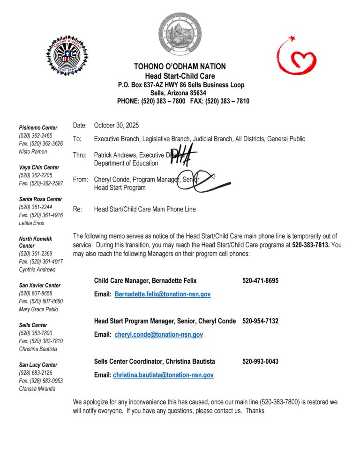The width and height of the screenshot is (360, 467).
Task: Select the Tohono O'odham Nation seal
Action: pos(180,33)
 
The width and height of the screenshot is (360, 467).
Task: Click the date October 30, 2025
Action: pos(116,125)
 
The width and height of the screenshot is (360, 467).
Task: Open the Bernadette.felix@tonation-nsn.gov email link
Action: pos(162,294)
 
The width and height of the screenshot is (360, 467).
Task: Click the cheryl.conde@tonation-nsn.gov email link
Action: pos(158,335)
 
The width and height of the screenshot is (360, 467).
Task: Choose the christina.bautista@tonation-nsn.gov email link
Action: pos(163,375)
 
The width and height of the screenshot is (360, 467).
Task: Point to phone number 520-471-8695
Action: pos(260,281)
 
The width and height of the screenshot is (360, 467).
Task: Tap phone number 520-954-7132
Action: pos(260,321)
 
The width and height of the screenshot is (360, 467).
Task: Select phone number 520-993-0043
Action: pos(260,362)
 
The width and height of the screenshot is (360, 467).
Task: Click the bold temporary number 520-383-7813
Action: pos(310,245)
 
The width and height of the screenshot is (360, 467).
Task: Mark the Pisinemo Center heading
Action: pos(38,128)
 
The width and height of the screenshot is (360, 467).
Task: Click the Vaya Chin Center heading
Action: pos(39,167)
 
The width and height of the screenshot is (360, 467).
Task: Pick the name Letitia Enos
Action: pos(32,223)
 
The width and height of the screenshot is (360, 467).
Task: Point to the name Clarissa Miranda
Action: pos(37,389)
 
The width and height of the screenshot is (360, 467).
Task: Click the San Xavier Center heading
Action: pos(39,285)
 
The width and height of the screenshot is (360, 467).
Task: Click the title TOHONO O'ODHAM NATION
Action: pos(180,67)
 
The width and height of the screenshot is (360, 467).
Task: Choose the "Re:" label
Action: pos(78,209)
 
